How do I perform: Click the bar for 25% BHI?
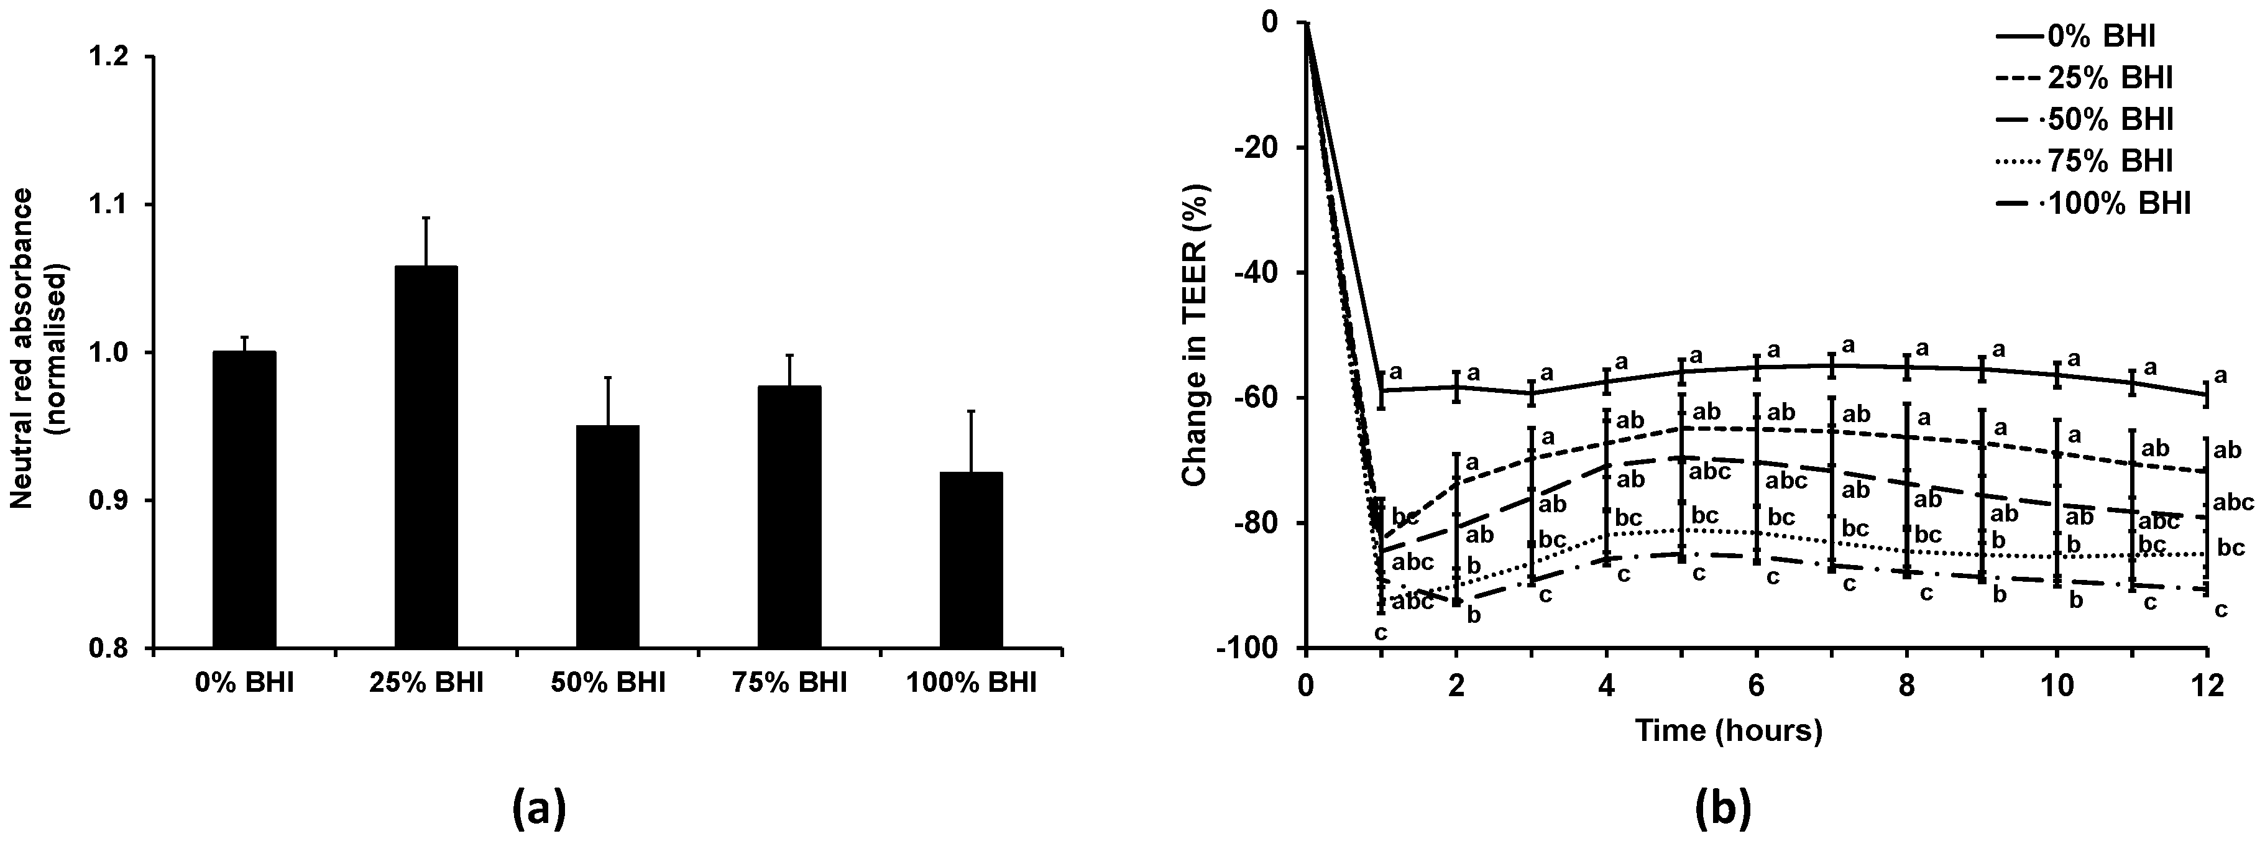coord(426,457)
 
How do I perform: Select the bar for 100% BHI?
coord(971,561)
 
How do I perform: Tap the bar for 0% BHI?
coord(244,500)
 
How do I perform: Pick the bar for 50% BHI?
coord(607,536)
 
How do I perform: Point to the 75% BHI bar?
coord(789,517)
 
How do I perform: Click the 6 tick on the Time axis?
coord(1757,685)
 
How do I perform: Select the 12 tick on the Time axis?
coord(2205,685)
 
